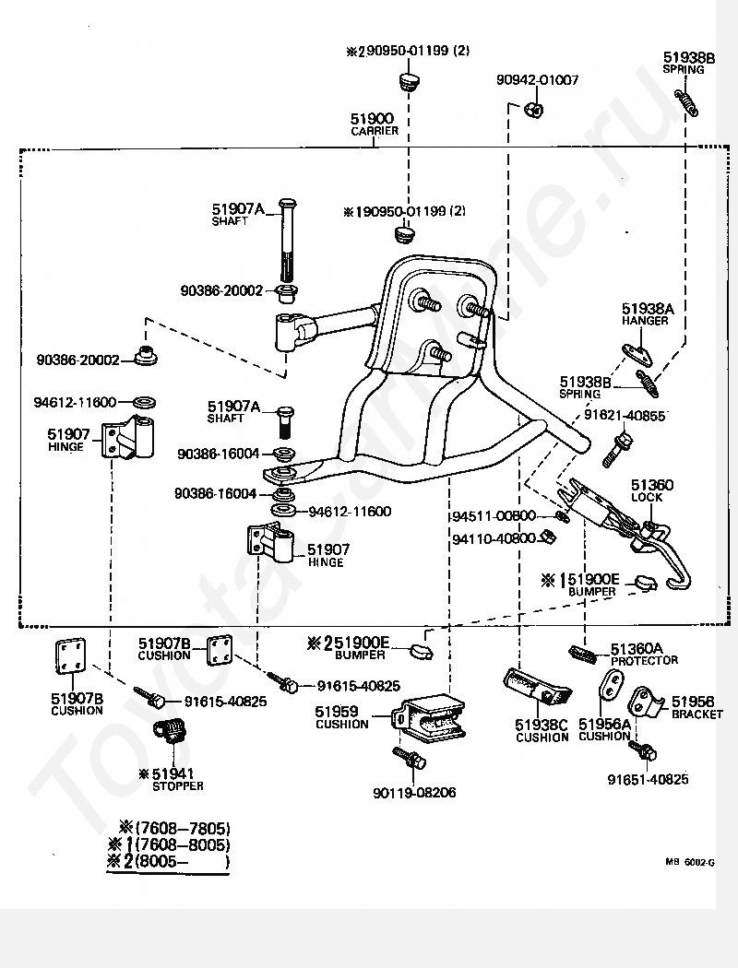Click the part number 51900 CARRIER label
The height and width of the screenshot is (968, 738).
click(x=375, y=124)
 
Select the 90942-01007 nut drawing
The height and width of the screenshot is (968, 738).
click(x=534, y=110)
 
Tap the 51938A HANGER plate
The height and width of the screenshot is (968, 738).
click(x=637, y=354)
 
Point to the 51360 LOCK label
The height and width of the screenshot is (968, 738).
click(x=651, y=490)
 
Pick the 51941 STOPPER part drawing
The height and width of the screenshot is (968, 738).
click(x=170, y=732)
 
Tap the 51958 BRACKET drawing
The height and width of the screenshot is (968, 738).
click(x=647, y=705)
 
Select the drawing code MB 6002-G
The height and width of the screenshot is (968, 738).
click(x=689, y=862)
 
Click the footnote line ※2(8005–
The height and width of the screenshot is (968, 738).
click(x=169, y=861)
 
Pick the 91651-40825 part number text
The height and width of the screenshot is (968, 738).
click(x=648, y=779)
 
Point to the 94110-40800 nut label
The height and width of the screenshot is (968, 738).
click(x=494, y=539)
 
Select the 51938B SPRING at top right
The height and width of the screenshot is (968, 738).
click(x=686, y=102)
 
